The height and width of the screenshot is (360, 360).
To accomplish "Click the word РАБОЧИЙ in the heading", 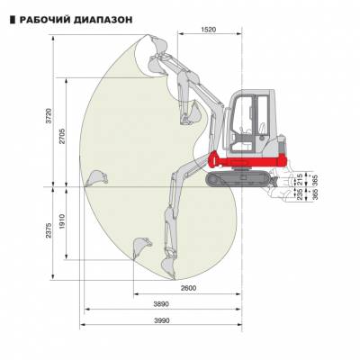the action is pos(45,20).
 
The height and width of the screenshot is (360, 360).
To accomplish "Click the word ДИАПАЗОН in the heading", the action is pos(103,20).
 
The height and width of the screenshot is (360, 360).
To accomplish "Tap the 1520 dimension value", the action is pos(209,30).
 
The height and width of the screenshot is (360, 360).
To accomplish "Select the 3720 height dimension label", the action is pos(49,116).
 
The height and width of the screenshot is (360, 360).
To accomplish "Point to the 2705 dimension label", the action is pos(62,136).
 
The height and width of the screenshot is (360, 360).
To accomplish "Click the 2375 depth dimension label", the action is pos(49,230).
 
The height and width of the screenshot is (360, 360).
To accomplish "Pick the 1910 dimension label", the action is pos(62,222).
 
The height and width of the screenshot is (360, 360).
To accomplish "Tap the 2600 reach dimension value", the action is pos(188,288).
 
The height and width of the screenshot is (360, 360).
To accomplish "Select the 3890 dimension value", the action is pos(161,304).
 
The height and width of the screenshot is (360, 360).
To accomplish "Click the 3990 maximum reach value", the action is pos(162,320).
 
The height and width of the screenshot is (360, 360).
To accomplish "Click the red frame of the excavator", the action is pos(246,162).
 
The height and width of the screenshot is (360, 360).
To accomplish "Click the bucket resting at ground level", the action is pos(96,178).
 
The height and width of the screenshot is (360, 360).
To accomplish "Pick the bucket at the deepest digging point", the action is pos(168,268).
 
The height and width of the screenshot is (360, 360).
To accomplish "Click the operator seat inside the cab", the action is pos(262,130).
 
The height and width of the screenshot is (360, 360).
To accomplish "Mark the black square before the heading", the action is pos(13,20).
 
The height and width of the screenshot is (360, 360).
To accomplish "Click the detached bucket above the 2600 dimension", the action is pos(141,247).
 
